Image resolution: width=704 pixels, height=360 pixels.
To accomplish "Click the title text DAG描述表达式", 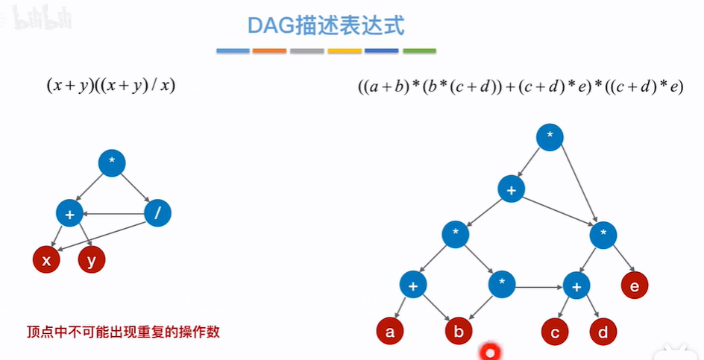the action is pos(326,26).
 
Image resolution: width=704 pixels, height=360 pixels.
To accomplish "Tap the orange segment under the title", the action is pos(269,51).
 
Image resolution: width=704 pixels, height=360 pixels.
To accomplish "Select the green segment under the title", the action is pos(419,51).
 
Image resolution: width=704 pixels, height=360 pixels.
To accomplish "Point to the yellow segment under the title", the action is pos(345,51).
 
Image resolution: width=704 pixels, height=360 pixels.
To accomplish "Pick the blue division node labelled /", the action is pos(157,214).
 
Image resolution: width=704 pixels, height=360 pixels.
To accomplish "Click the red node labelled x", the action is pos(46,260).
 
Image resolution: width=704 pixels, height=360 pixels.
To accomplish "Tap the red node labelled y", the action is pos(92,260).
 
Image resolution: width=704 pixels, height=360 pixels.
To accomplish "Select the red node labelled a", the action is pos(389,332).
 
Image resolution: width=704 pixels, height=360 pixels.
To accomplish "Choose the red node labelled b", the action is pos(459,332).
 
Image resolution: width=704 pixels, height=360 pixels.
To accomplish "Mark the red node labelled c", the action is pos(555,332).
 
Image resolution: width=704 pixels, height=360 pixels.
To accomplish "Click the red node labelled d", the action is pos(603,332).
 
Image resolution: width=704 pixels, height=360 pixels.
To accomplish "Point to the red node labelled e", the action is pos(635,284).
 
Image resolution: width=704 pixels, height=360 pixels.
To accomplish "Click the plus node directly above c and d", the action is pos(576,285).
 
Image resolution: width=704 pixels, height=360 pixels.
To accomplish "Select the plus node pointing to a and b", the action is pos(413,284).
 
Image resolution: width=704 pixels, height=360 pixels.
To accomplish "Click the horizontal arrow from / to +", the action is pos(113,214).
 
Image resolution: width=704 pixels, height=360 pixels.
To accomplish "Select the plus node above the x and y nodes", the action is pos(69,214).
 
